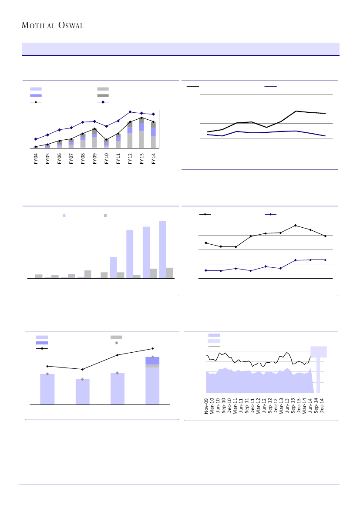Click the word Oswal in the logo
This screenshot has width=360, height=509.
(x=69, y=26)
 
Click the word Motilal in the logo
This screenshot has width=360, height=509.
(x=38, y=26)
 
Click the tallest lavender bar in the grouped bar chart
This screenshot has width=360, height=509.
(x=162, y=249)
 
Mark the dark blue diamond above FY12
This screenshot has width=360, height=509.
(x=130, y=112)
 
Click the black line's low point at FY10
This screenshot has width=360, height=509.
(x=106, y=140)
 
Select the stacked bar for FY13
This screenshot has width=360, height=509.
(x=141, y=133)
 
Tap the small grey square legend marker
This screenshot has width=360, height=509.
(x=105, y=215)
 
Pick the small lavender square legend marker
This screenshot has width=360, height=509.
(x=64, y=215)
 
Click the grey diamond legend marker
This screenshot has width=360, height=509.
(x=117, y=343)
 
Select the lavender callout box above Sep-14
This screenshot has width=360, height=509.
(x=318, y=352)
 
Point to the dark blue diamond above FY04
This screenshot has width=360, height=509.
(x=36, y=139)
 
